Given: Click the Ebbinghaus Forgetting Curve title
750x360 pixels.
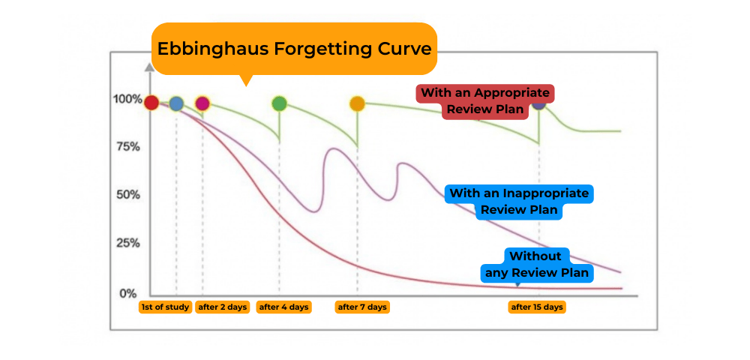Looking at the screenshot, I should click(x=294, y=49).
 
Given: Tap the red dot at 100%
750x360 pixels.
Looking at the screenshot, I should click(x=151, y=103).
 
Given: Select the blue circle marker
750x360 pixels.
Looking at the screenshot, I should click(x=176, y=103).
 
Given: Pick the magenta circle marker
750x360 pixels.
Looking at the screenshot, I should click(x=202, y=103).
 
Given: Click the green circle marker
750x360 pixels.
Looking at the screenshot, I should click(x=279, y=103).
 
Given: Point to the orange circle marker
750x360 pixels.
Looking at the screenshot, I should click(x=357, y=103).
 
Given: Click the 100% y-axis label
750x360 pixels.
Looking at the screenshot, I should click(x=127, y=99).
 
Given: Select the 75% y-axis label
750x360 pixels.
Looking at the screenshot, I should click(x=127, y=147).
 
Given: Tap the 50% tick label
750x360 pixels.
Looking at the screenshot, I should click(x=127, y=195).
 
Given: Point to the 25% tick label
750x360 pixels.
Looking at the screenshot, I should click(x=127, y=244).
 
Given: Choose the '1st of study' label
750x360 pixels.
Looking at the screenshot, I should click(x=165, y=307).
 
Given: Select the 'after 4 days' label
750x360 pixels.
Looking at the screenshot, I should click(x=283, y=307).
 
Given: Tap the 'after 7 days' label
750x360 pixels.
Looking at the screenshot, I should click(x=362, y=307).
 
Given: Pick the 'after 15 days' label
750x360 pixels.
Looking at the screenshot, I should click(x=537, y=307).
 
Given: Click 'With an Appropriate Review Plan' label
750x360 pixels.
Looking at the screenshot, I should click(x=485, y=101).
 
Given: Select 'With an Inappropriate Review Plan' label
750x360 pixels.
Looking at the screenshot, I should click(x=519, y=201).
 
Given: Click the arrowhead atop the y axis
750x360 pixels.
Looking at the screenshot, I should click(x=150, y=67).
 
